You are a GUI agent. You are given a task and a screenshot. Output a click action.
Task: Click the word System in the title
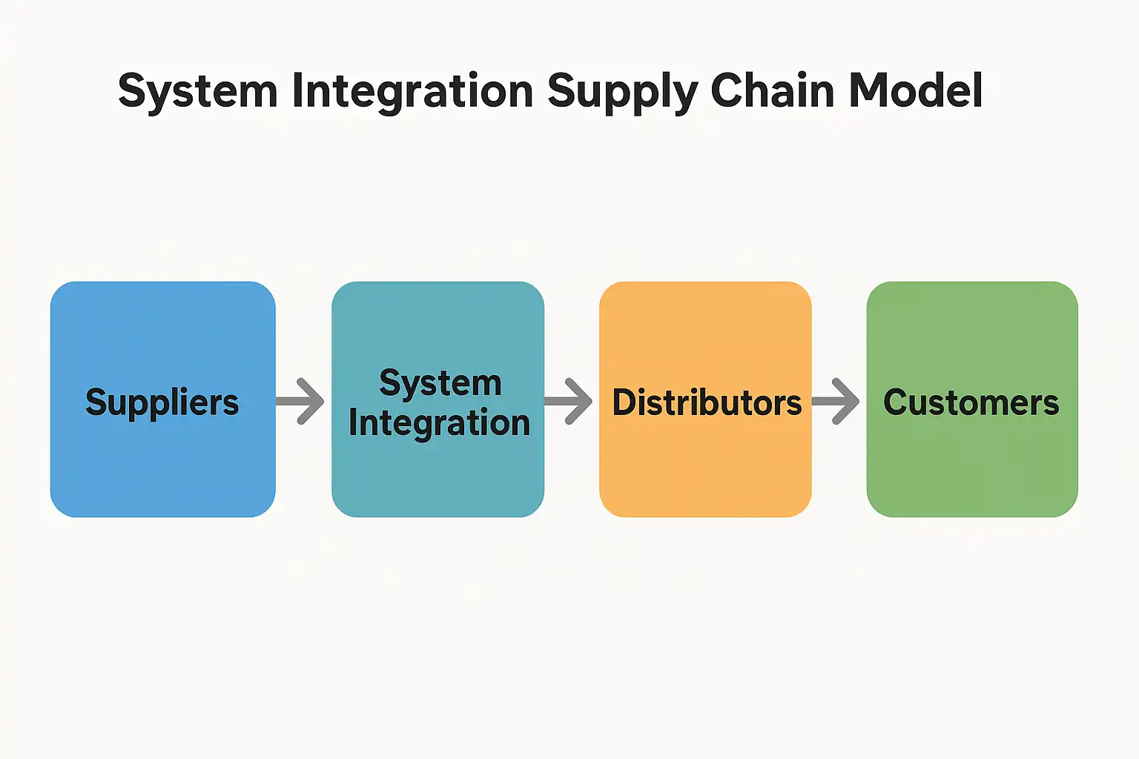[197, 91]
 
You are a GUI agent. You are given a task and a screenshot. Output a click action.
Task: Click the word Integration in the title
[412, 91]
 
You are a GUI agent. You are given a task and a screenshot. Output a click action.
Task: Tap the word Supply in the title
[621, 93]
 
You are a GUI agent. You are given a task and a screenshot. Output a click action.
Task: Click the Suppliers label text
[162, 402]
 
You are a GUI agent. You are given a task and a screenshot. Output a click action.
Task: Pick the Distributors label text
[707, 402]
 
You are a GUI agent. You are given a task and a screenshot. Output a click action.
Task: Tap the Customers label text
[971, 402]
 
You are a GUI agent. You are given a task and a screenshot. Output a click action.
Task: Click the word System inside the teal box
[440, 383]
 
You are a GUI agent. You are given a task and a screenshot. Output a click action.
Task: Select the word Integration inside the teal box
[439, 423]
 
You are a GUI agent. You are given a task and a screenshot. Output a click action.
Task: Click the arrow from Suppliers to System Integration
[301, 401]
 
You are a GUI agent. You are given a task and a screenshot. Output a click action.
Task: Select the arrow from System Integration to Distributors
[569, 401]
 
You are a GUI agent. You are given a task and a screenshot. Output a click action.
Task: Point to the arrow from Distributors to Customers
[836, 401]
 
